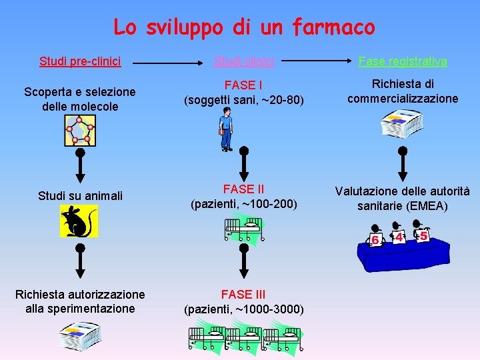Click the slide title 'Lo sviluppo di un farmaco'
(244, 27)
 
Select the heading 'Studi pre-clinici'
(80, 61)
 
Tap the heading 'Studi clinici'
(244, 61)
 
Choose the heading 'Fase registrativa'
(403, 61)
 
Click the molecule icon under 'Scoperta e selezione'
(80, 130)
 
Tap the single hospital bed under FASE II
(243, 229)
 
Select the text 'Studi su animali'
(80, 195)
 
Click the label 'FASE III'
(244, 294)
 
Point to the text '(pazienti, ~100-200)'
(244, 203)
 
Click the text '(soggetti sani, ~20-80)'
(244, 100)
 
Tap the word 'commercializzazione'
(403, 99)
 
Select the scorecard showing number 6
(376, 237)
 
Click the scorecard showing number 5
(423, 235)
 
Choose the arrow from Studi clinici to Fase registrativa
(315, 61)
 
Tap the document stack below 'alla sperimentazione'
(79, 336)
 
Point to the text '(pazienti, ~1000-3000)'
(244, 309)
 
